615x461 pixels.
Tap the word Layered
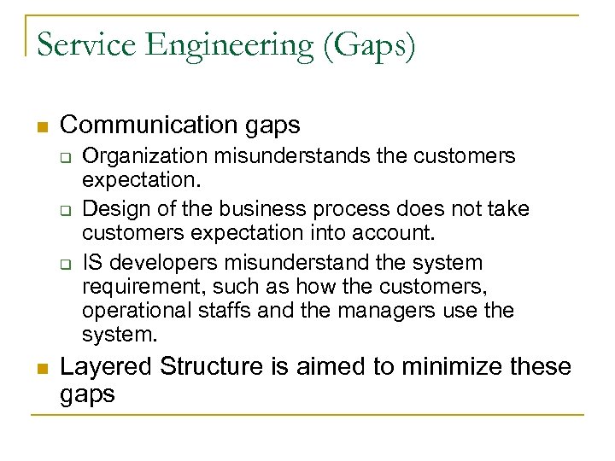click(107, 367)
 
